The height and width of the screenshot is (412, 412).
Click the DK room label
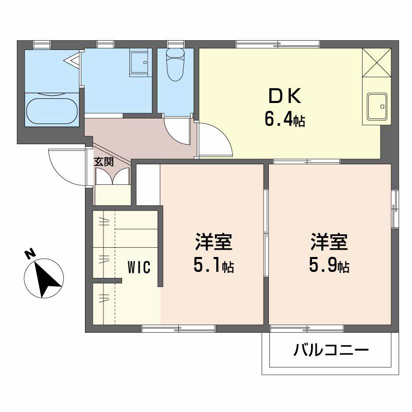[x=285, y=96]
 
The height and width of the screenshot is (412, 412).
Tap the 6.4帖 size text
[x=285, y=121]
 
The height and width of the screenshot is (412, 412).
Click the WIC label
[x=139, y=267]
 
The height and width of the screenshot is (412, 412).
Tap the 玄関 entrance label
[x=104, y=162]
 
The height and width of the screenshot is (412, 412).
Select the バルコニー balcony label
[x=331, y=350]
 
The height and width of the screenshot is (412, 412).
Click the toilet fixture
[x=176, y=64]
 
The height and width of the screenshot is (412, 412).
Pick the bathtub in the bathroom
[x=53, y=111]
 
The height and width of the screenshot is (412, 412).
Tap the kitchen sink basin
[x=377, y=107]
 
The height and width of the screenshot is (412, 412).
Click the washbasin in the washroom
[x=140, y=62]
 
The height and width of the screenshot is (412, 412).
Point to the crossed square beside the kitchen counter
[x=376, y=62]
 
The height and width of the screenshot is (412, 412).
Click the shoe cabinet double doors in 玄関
[x=113, y=176]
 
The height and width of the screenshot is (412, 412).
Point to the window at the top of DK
[x=278, y=44]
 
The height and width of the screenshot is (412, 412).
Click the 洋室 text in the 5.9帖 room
[x=329, y=242]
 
